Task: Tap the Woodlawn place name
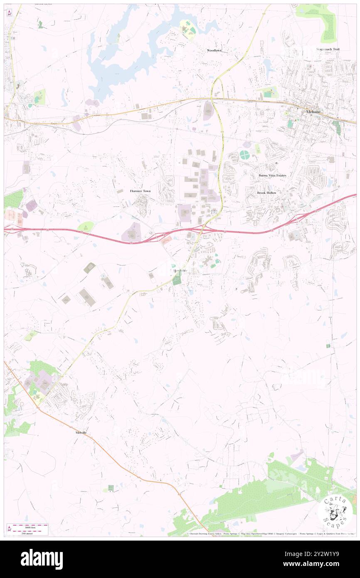(x=215, y=50)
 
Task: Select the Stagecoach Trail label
(x=328, y=49)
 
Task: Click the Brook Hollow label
(x=266, y=193)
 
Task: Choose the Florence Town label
(x=140, y=191)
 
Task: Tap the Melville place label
(x=81, y=433)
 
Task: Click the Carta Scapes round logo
(x=335, y=511)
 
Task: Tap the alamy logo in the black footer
(x=42, y=559)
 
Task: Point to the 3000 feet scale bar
(x=27, y=526)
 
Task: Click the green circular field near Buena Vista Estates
(x=244, y=155)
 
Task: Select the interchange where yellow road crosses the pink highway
(x=202, y=228)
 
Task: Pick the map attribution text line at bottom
(x=270, y=534)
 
